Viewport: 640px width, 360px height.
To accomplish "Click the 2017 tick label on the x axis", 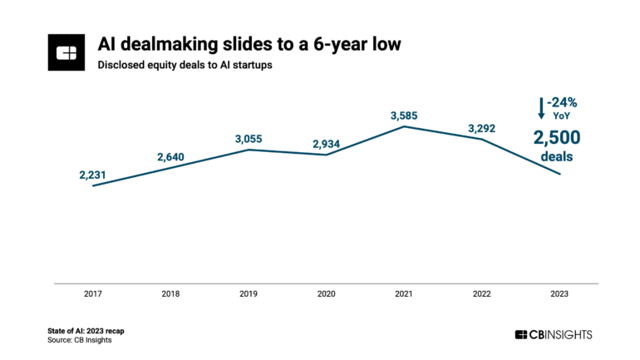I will click(91, 294).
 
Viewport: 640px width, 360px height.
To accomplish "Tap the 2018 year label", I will click(170, 294).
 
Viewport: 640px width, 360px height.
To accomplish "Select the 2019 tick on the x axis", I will click(248, 294).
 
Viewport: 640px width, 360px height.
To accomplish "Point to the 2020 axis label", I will click(326, 294).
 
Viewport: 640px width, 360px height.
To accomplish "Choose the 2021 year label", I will click(404, 294).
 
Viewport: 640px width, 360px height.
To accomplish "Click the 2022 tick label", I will click(482, 294).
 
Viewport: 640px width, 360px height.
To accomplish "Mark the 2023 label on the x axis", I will click(560, 294).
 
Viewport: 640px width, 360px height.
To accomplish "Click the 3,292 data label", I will click(482, 127).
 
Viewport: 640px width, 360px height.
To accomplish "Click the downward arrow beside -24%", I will click(541, 108).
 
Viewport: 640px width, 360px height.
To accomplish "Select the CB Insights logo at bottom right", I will click(554, 334).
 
